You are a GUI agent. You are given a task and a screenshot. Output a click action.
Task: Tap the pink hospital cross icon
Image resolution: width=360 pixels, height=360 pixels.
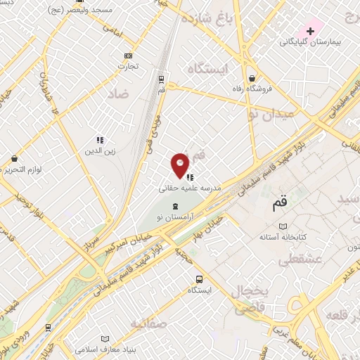click(310, 31)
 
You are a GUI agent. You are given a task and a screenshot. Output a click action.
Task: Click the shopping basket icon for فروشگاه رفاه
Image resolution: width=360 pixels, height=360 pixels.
click(252, 78)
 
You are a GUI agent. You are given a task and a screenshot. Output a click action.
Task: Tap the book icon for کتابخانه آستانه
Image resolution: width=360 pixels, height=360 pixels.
click(283, 227)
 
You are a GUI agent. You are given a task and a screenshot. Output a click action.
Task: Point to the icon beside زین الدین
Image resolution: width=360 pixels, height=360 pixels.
click(100, 139)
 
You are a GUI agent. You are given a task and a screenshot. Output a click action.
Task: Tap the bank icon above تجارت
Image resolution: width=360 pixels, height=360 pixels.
click(128, 56)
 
